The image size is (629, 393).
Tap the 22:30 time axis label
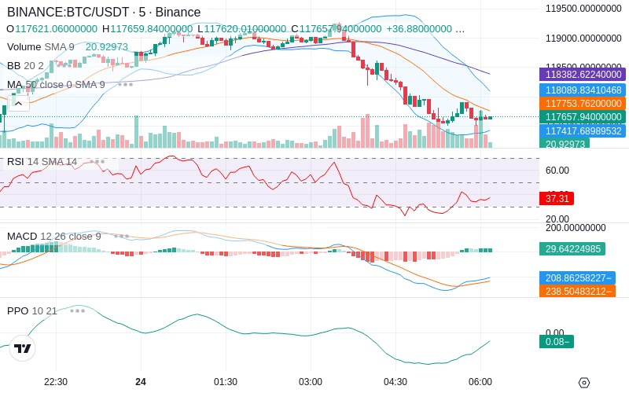(55, 382)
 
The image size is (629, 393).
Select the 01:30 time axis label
(226, 382)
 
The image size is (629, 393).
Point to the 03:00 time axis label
(311, 382)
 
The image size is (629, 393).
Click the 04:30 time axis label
(395, 382)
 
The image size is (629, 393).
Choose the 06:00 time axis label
(480, 382)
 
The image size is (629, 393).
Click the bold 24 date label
(141, 382)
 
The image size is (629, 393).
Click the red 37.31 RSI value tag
(557, 199)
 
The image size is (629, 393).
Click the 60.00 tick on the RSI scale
(557, 171)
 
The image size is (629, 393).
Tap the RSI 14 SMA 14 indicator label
(42, 162)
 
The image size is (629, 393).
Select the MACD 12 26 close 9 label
(54, 237)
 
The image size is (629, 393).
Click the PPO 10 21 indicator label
(32, 311)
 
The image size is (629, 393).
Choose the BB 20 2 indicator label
(26, 65)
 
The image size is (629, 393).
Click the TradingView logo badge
(23, 348)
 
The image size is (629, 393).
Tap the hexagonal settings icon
(583, 383)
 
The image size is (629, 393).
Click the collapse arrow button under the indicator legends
(19, 102)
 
